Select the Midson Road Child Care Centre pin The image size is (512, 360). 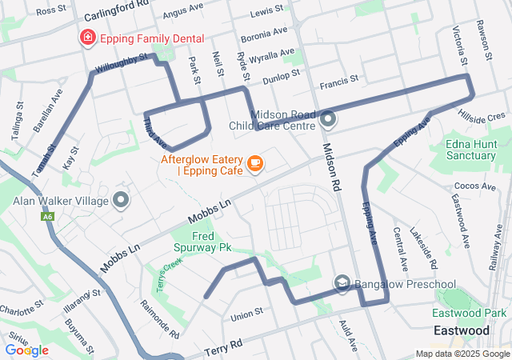(329, 121)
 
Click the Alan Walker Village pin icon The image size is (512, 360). (122, 199)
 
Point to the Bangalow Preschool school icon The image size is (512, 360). (342, 283)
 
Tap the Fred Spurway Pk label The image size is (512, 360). (202, 242)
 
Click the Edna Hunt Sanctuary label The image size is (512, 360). (470, 150)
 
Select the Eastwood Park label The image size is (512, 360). (470, 314)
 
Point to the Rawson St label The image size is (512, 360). (486, 40)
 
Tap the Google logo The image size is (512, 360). (26, 350)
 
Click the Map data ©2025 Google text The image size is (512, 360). (462, 354)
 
